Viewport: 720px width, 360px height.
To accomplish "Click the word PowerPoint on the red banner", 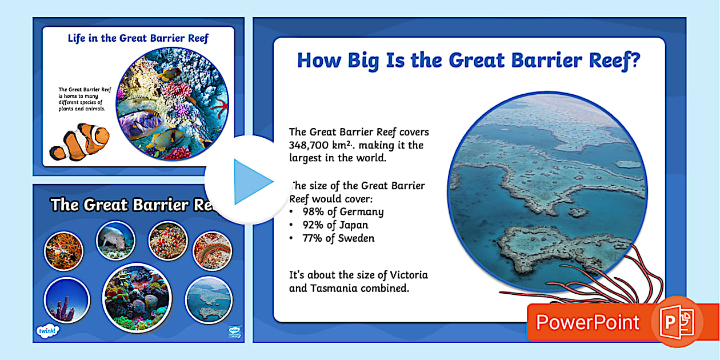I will pos(587,322).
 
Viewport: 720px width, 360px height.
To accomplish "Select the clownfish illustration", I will pos(80,141).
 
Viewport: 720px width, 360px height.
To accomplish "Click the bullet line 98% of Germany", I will pos(343,211).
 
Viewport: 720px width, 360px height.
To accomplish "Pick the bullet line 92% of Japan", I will pos(335,225).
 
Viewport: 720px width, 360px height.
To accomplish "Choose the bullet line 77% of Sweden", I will pos(338,239).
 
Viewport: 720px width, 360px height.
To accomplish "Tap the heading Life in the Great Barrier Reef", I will pos(138,39).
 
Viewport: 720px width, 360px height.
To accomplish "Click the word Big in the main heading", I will pos(355,60).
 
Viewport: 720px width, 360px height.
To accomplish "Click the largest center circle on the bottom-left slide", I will pos(137,297).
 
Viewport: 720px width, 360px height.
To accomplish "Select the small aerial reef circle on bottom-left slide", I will pos(209,299).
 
